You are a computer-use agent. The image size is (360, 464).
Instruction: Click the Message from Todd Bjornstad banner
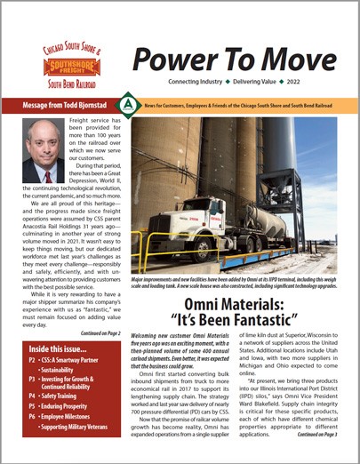66,105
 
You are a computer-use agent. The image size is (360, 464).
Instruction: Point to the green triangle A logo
131,105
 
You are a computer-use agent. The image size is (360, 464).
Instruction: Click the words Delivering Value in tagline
272,82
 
